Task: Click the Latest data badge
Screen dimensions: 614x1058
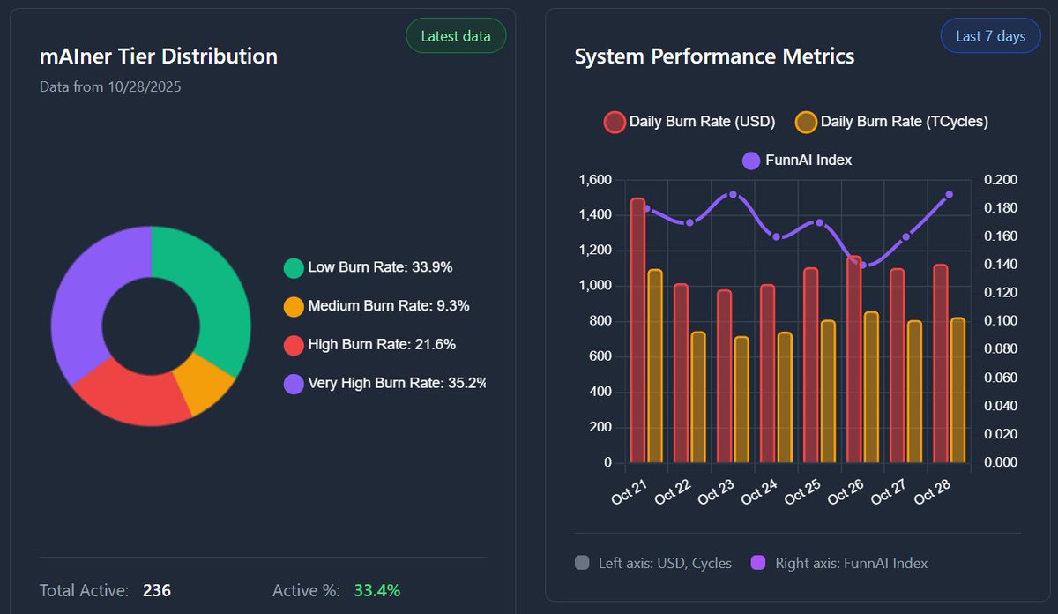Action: (x=456, y=36)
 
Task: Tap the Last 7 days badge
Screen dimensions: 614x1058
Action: (x=991, y=36)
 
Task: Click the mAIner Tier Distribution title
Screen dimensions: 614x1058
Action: (x=159, y=56)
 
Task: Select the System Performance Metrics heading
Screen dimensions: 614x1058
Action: (x=714, y=56)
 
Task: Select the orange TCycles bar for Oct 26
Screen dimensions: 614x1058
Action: (x=871, y=387)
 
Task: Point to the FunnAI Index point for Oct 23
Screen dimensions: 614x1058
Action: (x=733, y=194)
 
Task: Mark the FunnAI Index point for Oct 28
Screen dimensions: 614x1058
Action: (x=949, y=194)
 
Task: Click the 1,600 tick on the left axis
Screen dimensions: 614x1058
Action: (x=595, y=180)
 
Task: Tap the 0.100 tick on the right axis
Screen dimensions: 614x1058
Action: (x=1000, y=321)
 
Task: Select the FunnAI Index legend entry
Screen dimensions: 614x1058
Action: (x=797, y=160)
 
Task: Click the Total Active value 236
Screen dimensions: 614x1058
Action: (x=157, y=590)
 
